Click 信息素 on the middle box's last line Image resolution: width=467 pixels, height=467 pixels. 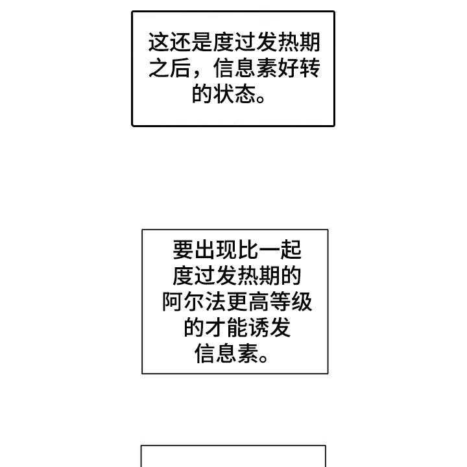tap(224, 354)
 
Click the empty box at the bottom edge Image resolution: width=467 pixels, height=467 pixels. tap(233, 457)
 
